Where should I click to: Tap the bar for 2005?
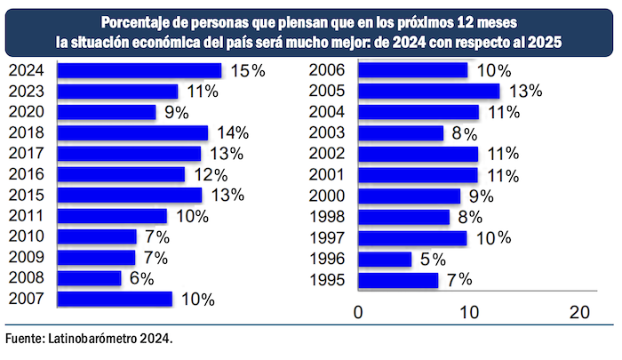point(428,91)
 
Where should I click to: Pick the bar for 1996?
point(385,259)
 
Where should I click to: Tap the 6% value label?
point(140,278)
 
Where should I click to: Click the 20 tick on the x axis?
point(579,312)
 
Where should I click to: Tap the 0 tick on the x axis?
point(358,312)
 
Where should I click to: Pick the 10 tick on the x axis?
point(467,312)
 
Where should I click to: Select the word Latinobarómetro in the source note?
point(92,339)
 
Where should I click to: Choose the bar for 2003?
point(401,133)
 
